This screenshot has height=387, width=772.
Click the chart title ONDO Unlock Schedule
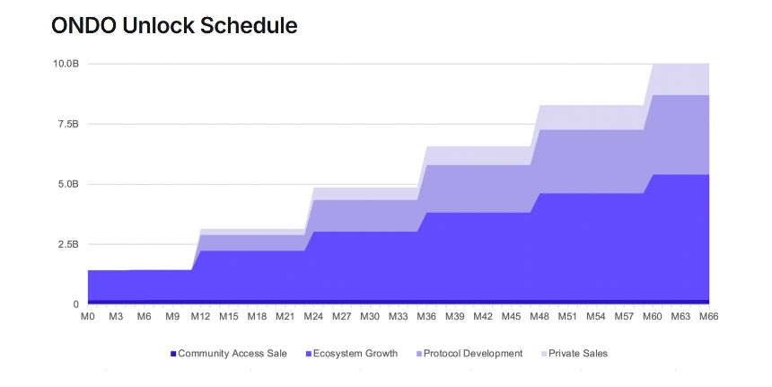pos(174,26)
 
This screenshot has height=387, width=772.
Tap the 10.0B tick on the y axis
pos(66,64)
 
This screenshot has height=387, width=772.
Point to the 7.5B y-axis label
pos(68,124)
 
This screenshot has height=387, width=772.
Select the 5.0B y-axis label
pos(68,184)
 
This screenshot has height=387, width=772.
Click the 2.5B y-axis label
pos(68,244)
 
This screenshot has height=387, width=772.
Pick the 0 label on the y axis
pos(75,304)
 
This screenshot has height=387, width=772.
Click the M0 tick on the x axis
pos(88,317)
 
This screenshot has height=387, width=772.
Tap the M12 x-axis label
pos(200,317)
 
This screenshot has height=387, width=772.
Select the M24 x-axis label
pos(313,317)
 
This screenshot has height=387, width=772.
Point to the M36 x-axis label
pos(426,317)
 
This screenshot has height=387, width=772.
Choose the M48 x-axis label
pos(540,317)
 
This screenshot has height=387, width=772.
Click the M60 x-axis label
pos(653,317)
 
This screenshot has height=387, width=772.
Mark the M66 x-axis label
pos(709,317)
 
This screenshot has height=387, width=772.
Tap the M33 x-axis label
pos(398,317)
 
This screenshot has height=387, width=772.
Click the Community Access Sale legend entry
pos(228,354)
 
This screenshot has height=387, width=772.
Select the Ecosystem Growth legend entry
pos(352,354)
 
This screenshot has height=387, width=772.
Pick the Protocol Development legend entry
pos(469,354)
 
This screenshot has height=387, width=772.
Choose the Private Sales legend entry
pos(575,354)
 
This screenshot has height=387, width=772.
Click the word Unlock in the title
pos(158,26)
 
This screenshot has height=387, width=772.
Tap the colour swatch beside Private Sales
pos(544,354)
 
